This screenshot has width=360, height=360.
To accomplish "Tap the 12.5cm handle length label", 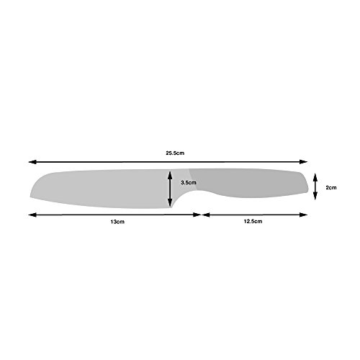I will (x=252, y=223).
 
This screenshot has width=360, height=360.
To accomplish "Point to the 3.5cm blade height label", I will (x=188, y=183).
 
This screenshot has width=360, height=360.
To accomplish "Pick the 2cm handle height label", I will (x=331, y=186).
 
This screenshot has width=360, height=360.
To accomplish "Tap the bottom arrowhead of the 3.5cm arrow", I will (x=170, y=205).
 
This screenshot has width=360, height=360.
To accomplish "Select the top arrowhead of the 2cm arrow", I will (x=316, y=176).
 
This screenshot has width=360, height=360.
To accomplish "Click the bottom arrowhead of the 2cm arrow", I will (x=316, y=197).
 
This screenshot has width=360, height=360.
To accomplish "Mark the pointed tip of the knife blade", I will (x=32, y=198).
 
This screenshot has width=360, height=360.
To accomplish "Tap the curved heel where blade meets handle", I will (x=180, y=199).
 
